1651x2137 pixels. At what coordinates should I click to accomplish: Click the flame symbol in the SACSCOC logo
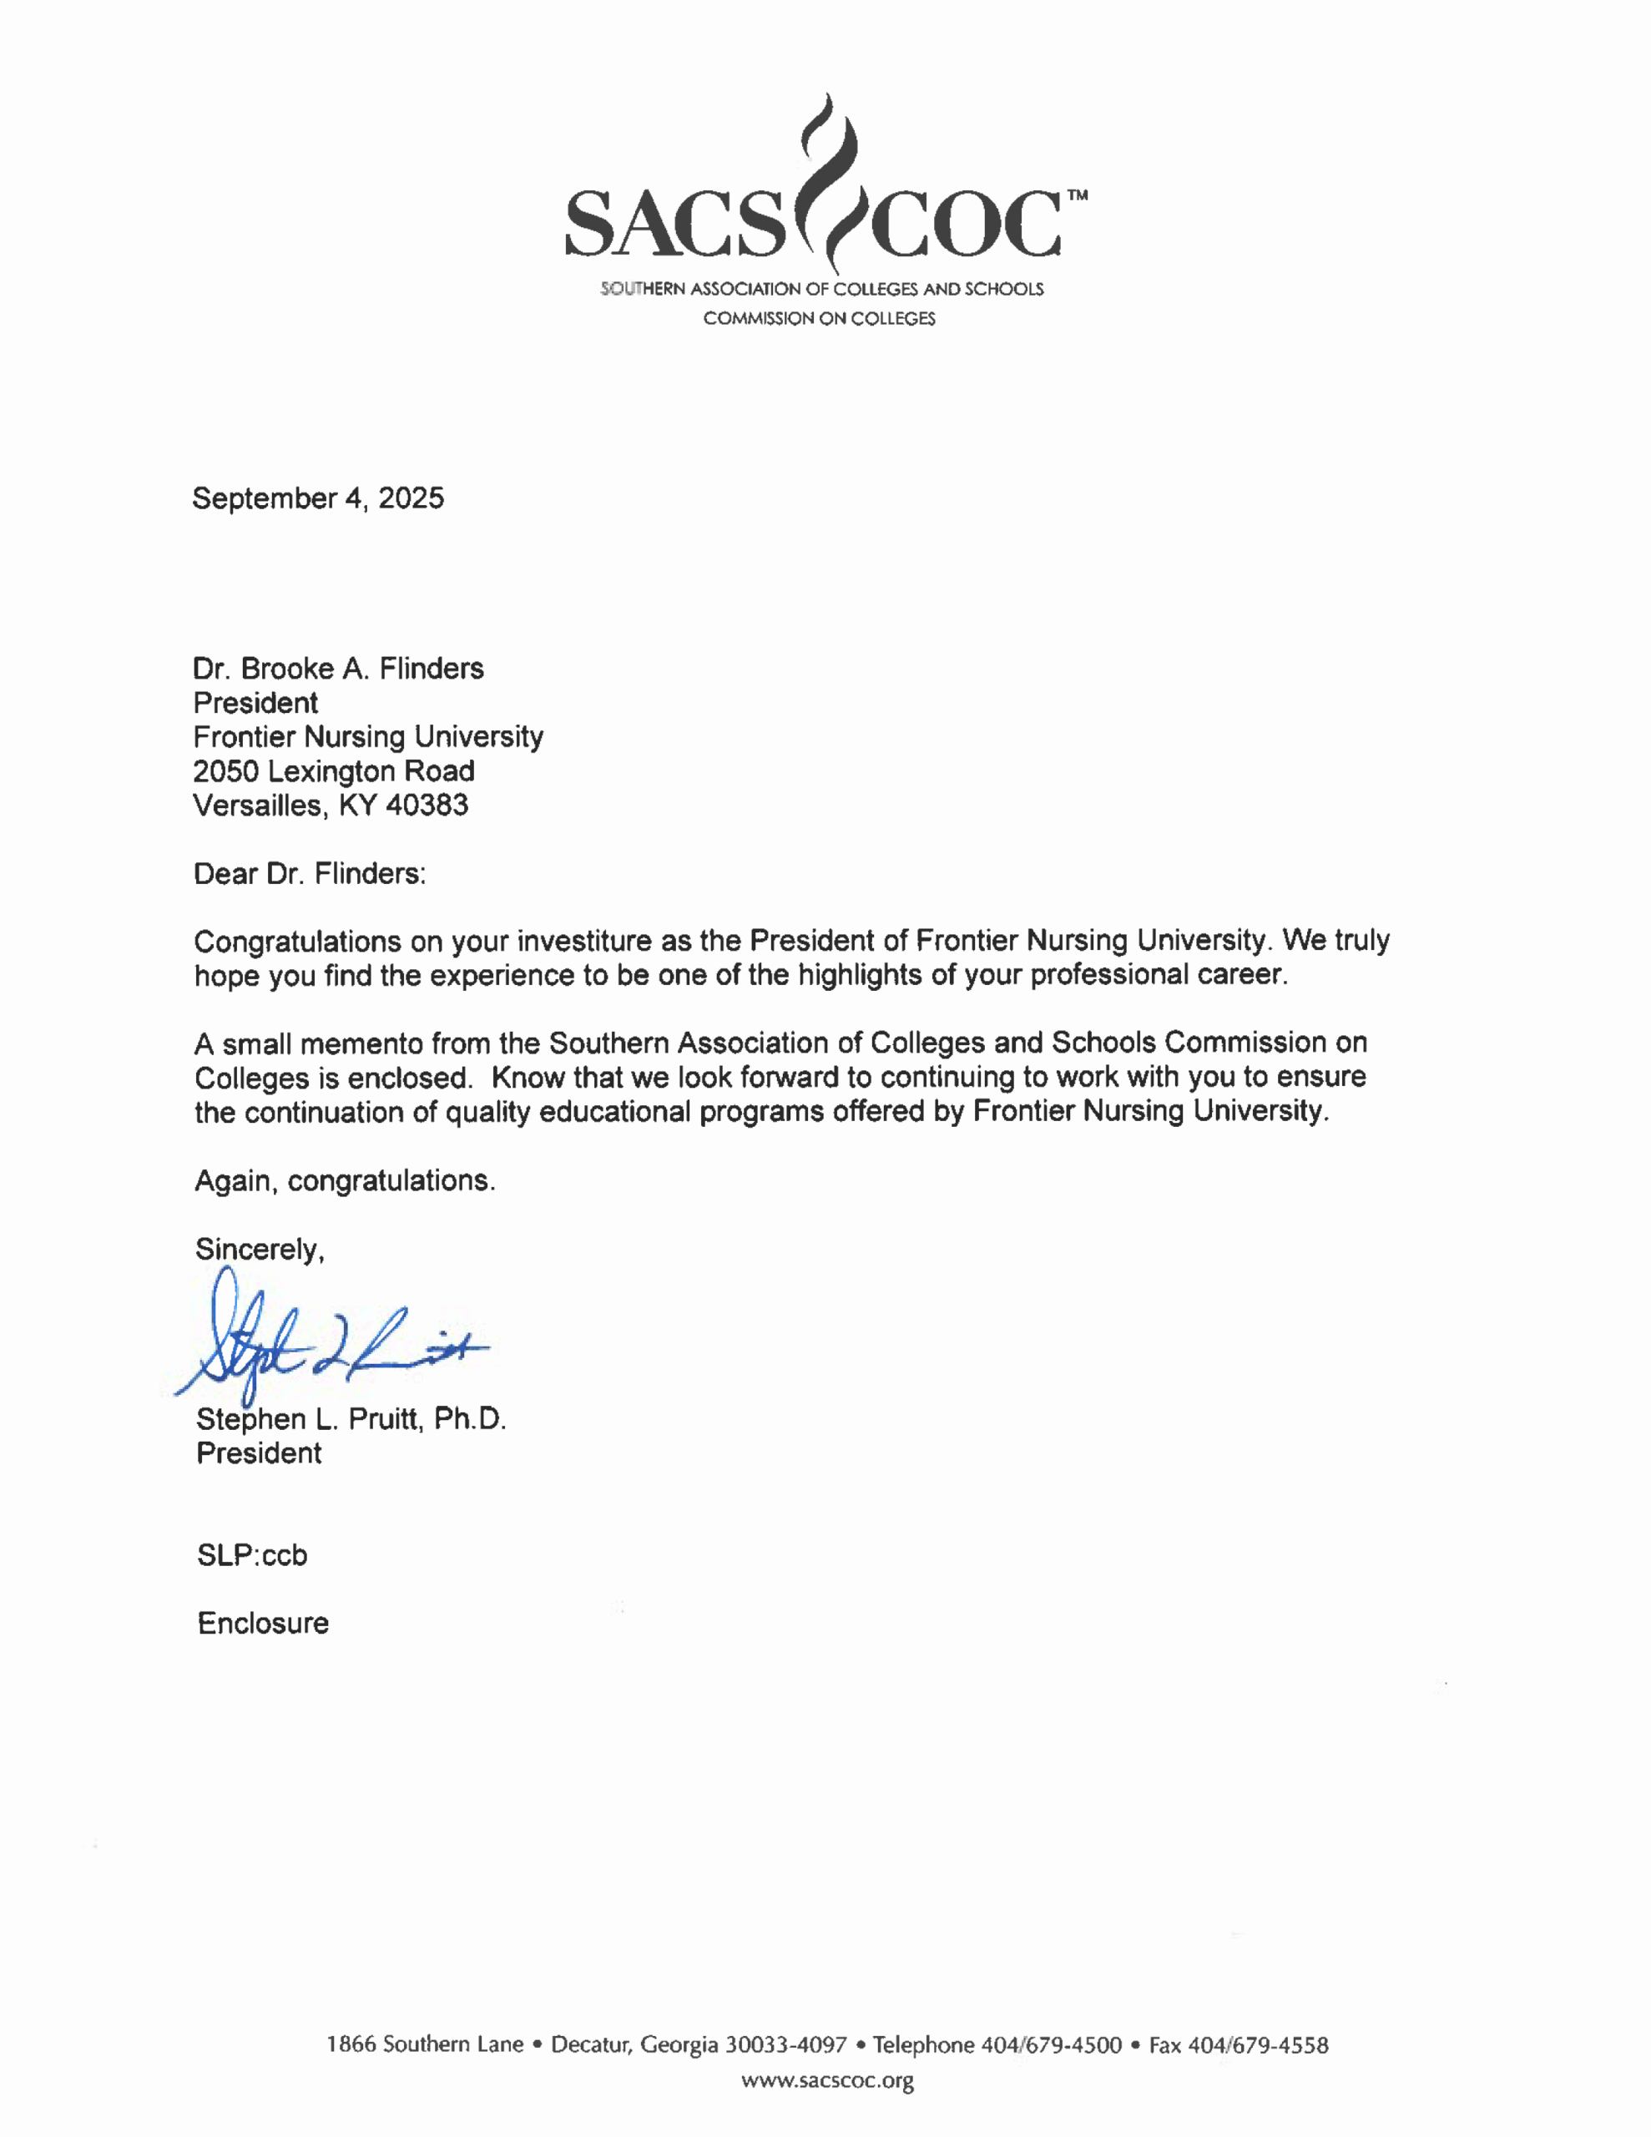click(827, 181)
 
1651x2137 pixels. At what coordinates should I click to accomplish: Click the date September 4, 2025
click(318, 498)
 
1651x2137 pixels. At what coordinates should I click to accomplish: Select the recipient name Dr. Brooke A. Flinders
click(338, 669)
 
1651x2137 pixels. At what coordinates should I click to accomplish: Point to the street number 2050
click(226, 771)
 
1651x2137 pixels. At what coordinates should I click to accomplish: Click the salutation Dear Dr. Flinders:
click(310, 874)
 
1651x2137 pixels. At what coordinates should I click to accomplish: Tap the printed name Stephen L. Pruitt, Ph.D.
click(351, 1419)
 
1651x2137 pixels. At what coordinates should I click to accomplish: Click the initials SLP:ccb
click(251, 1555)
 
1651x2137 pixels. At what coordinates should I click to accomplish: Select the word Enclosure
click(262, 1624)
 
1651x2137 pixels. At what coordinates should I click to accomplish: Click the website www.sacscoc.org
click(827, 2080)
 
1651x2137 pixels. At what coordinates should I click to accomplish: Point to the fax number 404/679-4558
click(1258, 2045)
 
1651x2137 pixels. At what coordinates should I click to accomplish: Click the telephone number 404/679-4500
click(1051, 2045)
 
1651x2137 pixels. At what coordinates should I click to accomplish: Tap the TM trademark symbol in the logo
click(1076, 195)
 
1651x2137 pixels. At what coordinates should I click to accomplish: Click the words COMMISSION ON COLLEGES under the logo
click(819, 319)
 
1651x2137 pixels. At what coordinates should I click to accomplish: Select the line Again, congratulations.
click(345, 1181)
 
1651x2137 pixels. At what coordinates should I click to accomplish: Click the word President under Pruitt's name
click(259, 1453)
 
